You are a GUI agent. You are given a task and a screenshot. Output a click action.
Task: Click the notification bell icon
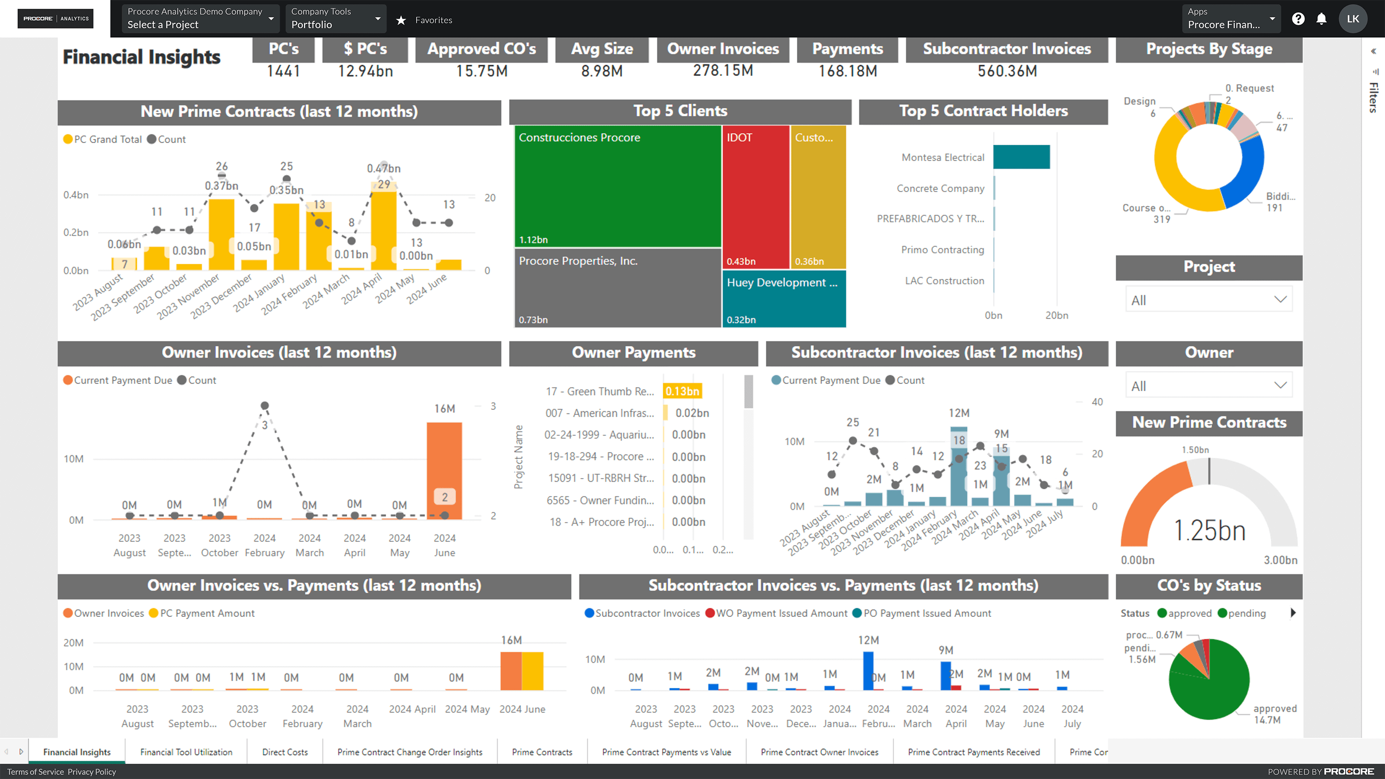click(1321, 19)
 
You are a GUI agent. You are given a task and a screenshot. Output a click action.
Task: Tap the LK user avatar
click(1353, 19)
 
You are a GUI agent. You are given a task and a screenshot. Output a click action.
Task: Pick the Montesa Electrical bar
click(1021, 157)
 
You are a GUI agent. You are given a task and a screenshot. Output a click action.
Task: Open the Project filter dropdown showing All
click(1208, 300)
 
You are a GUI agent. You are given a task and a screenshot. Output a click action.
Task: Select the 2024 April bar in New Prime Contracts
click(383, 231)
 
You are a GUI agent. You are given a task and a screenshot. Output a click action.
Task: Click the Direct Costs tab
click(285, 752)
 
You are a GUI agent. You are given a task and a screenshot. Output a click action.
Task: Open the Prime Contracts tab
click(542, 752)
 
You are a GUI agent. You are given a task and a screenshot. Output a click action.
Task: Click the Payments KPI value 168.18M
click(847, 71)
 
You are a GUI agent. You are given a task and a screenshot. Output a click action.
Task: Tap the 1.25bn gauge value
click(1209, 531)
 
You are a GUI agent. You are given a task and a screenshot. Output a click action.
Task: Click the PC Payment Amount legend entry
click(207, 613)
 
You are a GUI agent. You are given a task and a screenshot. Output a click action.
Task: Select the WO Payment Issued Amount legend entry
click(781, 613)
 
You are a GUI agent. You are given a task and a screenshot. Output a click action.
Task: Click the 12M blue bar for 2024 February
click(868, 670)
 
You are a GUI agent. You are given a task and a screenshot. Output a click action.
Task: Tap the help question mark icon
click(1298, 19)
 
